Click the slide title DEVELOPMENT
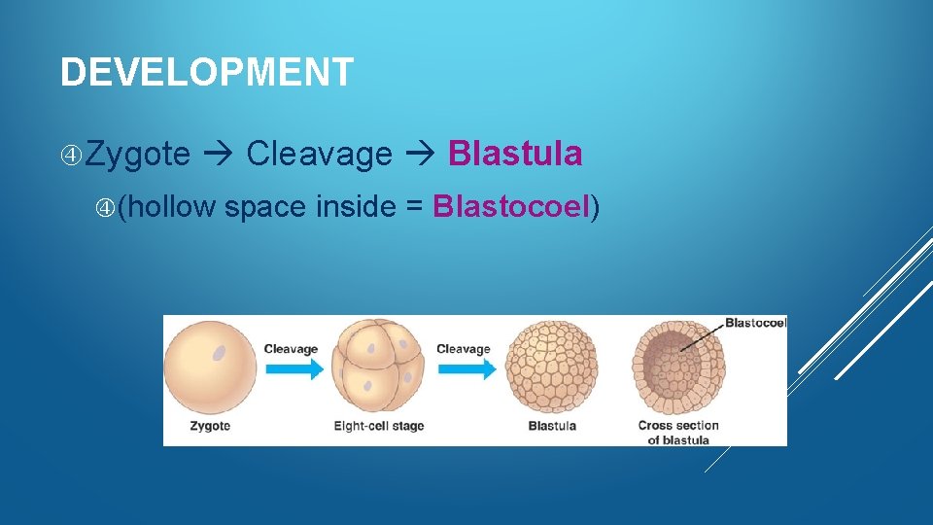click(x=206, y=73)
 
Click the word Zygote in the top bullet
click(x=137, y=154)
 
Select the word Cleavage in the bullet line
click(x=320, y=154)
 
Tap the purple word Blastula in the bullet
click(x=515, y=154)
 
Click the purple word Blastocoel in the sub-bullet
click(x=512, y=206)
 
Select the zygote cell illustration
click(x=210, y=367)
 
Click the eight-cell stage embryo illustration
click(x=378, y=367)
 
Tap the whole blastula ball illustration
click(x=551, y=367)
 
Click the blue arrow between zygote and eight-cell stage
click(x=293, y=369)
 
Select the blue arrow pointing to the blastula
click(x=466, y=369)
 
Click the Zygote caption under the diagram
click(x=210, y=426)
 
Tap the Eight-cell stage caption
click(x=378, y=426)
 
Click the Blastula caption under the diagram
click(x=552, y=426)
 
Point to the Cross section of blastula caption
click(x=678, y=433)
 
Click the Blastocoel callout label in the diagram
click(x=755, y=323)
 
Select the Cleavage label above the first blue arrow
click(x=291, y=349)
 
